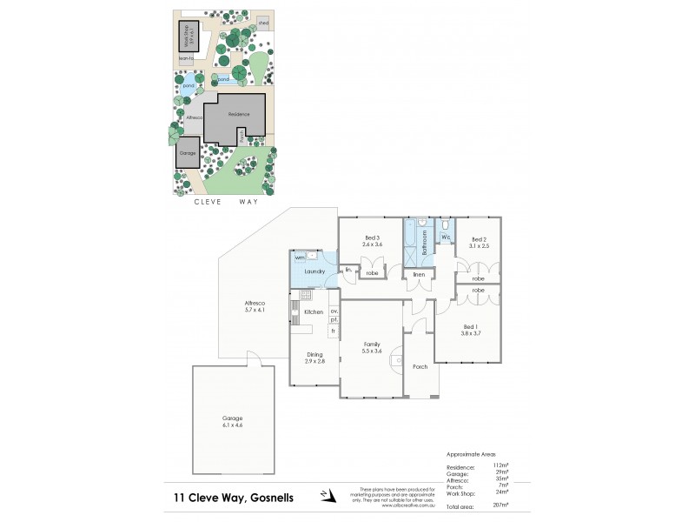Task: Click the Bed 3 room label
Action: pos(371,238)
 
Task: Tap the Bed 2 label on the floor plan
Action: pos(480,239)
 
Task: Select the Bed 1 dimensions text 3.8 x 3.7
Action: pos(472,333)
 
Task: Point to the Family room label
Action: pos(372,345)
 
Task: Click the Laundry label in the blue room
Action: pos(314,271)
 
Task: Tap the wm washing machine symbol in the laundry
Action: pos(300,258)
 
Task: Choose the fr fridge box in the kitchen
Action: pos(333,331)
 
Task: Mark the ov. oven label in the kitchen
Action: pos(333,311)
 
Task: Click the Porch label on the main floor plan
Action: pos(420,366)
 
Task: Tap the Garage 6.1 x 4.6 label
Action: pos(232,422)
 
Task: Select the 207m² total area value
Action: pos(500,505)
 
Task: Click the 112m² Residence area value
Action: pos(500,465)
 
